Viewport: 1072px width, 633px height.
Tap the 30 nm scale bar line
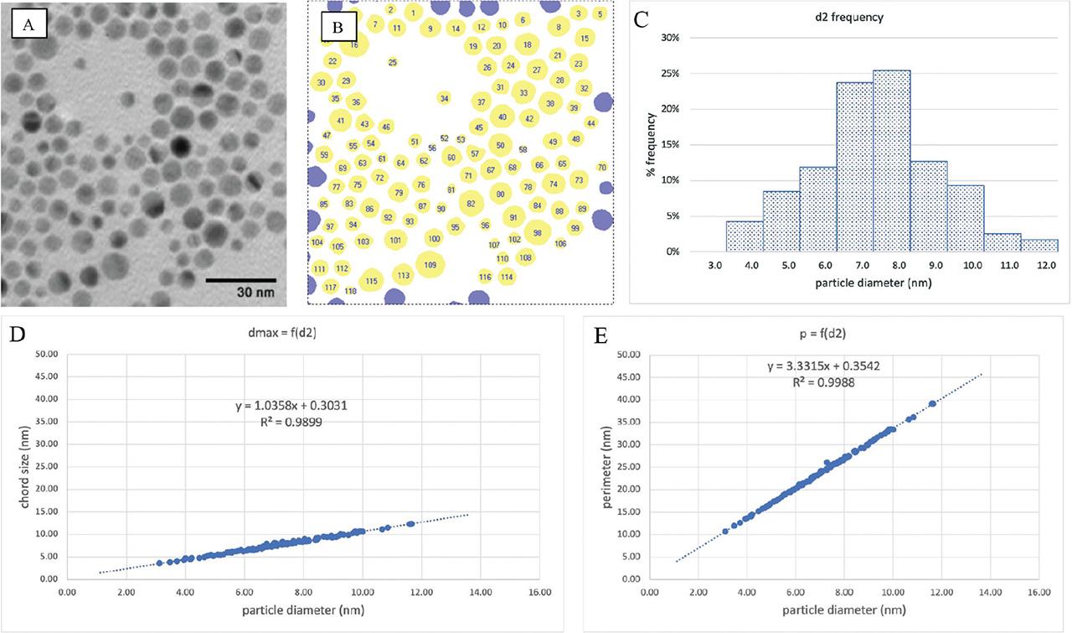[241, 278]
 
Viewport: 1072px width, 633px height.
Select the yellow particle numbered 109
[430, 265]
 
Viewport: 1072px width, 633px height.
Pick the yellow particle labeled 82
[472, 203]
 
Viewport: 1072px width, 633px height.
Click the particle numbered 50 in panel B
[500, 145]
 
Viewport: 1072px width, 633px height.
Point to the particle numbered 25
[393, 62]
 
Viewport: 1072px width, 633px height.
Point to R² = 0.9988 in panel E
[823, 382]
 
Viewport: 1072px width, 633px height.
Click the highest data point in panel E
[932, 403]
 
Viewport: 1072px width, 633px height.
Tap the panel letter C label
[643, 20]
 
